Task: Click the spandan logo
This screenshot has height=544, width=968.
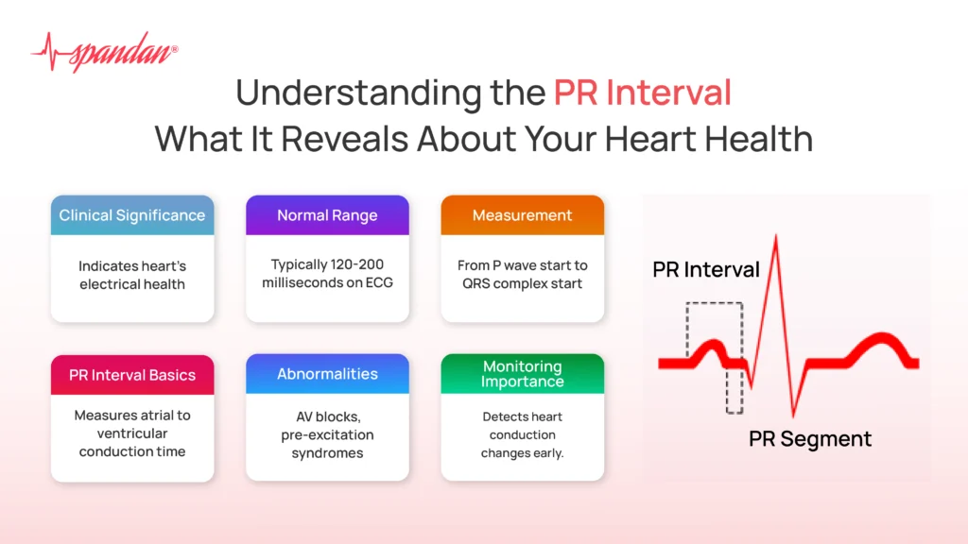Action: (104, 52)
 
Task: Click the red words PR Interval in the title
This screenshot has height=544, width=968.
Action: (642, 93)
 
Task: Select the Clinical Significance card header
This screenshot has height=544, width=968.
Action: (132, 215)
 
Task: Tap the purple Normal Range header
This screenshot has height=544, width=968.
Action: (327, 215)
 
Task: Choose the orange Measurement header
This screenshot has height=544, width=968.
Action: (522, 215)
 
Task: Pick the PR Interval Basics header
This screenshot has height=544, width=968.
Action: (132, 374)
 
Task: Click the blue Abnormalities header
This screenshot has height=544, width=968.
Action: (327, 374)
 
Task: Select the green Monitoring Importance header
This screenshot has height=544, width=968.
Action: (522, 374)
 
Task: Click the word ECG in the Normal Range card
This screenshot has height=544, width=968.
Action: (379, 282)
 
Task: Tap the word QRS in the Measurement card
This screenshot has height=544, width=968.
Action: (476, 283)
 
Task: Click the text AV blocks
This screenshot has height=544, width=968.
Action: (328, 416)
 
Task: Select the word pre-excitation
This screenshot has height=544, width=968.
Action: (327, 434)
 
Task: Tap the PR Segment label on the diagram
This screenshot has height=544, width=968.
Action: (810, 439)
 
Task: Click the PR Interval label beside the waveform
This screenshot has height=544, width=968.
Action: (705, 270)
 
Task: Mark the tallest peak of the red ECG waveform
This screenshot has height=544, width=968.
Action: (776, 235)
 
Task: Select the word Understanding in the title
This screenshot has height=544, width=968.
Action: (358, 93)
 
